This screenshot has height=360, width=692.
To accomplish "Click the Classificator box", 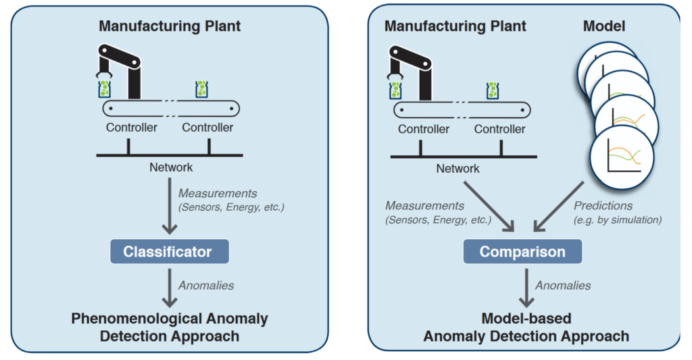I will (x=168, y=253).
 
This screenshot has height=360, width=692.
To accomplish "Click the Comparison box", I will (x=522, y=253).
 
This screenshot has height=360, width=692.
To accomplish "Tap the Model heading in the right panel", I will (x=603, y=27).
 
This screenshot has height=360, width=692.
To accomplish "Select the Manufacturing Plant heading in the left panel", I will (x=170, y=27).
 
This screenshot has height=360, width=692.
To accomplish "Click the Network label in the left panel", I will (x=171, y=168).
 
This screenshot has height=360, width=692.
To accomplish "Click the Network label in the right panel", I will (x=458, y=169).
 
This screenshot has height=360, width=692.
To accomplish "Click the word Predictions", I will (x=603, y=205).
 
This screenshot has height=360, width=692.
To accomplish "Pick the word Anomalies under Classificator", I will (x=206, y=286).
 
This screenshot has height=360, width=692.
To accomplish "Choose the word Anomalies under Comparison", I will (x=563, y=286).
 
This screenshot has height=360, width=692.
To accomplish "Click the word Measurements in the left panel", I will (x=218, y=194).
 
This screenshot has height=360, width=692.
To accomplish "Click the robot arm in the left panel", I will (x=122, y=68).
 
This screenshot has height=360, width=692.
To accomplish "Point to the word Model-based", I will (x=526, y=319).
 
